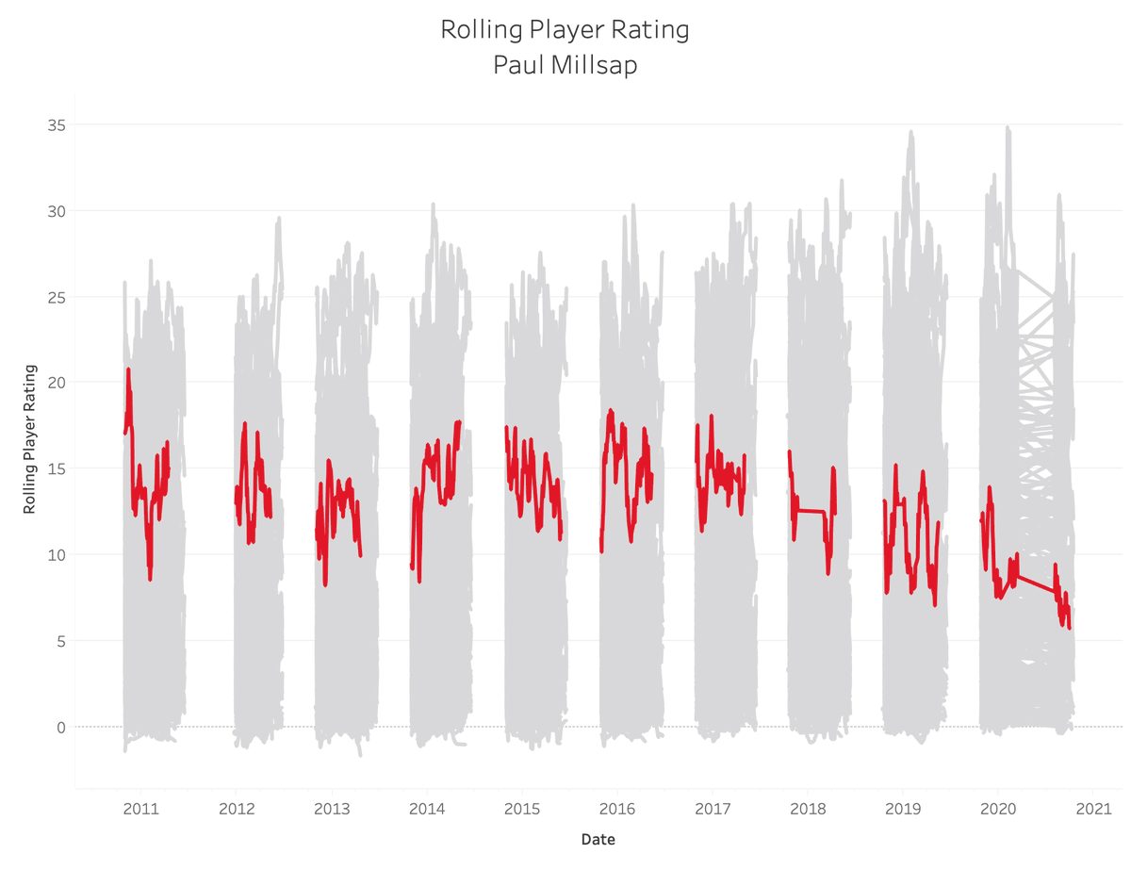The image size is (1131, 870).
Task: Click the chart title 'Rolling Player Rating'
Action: pyautogui.click(x=565, y=30)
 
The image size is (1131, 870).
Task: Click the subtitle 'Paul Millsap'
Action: pyautogui.click(x=565, y=66)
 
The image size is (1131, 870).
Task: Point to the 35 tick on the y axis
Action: pyautogui.click(x=56, y=124)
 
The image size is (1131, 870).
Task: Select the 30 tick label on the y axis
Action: pyautogui.click(x=56, y=210)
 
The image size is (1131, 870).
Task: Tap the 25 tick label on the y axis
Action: pyautogui.click(x=56, y=297)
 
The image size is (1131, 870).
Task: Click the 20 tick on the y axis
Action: pyautogui.click(x=56, y=383)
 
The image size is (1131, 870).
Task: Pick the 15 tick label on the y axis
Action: pyautogui.click(x=56, y=468)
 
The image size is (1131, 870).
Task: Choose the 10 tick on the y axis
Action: pyautogui.click(x=56, y=554)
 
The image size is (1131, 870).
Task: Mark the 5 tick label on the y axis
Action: pyautogui.click(x=60, y=641)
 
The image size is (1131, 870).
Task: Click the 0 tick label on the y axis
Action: pyautogui.click(x=60, y=727)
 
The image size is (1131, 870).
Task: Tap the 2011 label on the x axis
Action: pyautogui.click(x=140, y=809)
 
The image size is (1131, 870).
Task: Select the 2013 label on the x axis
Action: pyautogui.click(x=332, y=809)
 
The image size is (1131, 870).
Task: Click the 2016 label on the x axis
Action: pyautogui.click(x=617, y=809)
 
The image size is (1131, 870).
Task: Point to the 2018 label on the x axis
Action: pyautogui.click(x=808, y=809)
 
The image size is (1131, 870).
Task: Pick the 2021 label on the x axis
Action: pyautogui.click(x=1093, y=809)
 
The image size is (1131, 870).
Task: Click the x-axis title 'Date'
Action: pyautogui.click(x=599, y=838)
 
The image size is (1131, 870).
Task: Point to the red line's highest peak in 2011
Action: pyautogui.click(x=128, y=370)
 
